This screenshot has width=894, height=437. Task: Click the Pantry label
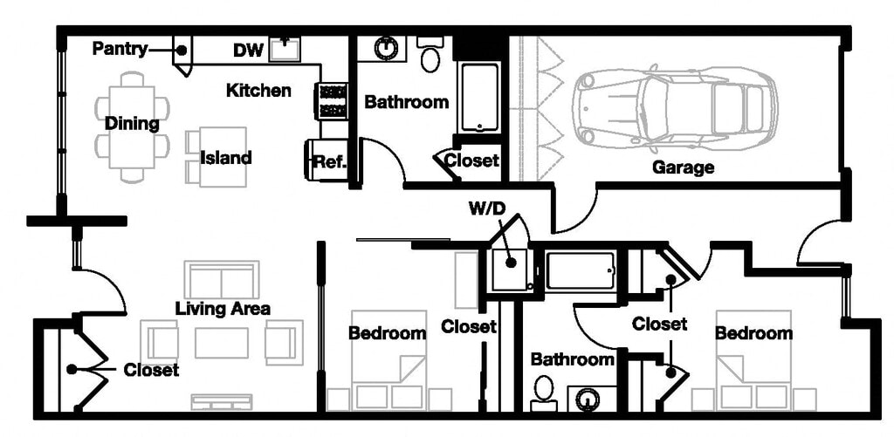click(x=120, y=50)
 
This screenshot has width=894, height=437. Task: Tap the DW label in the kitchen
click(x=248, y=51)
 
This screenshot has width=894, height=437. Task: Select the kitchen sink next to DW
click(x=285, y=50)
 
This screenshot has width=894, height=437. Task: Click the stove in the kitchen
click(x=333, y=100)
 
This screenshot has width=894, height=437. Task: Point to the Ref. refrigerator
click(x=327, y=160)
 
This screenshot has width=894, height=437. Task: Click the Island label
click(x=225, y=158)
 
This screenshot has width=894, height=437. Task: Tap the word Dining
click(x=132, y=124)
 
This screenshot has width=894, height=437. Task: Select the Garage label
click(x=683, y=167)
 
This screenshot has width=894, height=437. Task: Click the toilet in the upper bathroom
click(x=430, y=58)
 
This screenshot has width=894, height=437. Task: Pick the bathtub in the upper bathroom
click(x=479, y=97)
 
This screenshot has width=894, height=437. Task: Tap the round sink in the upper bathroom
click(x=384, y=48)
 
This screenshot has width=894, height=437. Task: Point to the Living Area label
click(x=223, y=308)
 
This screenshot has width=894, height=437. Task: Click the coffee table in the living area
click(x=221, y=343)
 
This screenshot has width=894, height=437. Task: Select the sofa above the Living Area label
click(x=221, y=279)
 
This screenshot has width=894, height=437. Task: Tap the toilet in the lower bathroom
click(x=544, y=392)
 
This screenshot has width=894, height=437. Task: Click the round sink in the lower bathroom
click(x=590, y=399)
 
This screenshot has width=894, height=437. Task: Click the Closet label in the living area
click(x=151, y=370)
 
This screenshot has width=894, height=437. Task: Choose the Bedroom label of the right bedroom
click(x=753, y=333)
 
